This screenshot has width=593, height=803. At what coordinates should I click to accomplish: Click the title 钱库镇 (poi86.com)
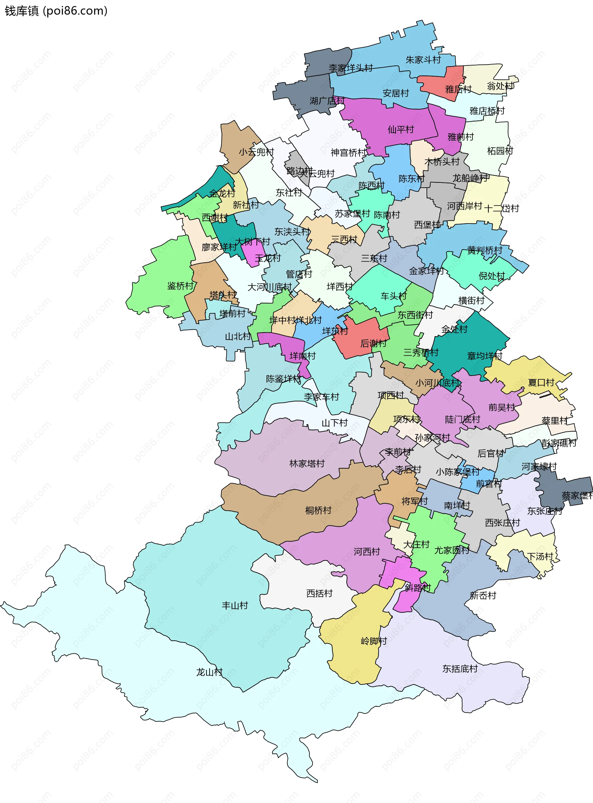click(x=56, y=11)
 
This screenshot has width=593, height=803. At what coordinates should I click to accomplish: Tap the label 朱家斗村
click(x=423, y=60)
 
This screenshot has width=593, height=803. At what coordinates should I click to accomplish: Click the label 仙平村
click(x=401, y=130)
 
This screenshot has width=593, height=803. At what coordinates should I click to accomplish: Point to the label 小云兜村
click(x=256, y=152)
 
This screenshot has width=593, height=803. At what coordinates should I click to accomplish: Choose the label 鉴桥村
click(x=180, y=286)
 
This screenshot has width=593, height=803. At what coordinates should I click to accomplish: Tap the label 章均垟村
click(x=484, y=356)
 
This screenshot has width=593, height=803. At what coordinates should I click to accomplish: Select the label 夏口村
click(x=541, y=383)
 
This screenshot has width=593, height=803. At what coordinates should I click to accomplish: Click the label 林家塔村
click(x=307, y=464)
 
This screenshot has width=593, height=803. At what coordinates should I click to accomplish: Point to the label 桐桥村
click(x=318, y=510)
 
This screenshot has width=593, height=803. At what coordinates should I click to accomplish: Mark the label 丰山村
click(x=235, y=606)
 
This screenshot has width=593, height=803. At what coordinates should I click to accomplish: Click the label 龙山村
click(x=209, y=672)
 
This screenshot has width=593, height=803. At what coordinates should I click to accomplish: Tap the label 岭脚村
click(x=374, y=641)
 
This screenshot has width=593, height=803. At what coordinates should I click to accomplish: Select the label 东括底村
click(x=460, y=669)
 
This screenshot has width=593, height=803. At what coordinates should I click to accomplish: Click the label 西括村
click(x=319, y=593)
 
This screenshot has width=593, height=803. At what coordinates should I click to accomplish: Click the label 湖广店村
click(x=327, y=101)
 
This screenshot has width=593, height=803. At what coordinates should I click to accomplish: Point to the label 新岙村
click(x=483, y=596)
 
